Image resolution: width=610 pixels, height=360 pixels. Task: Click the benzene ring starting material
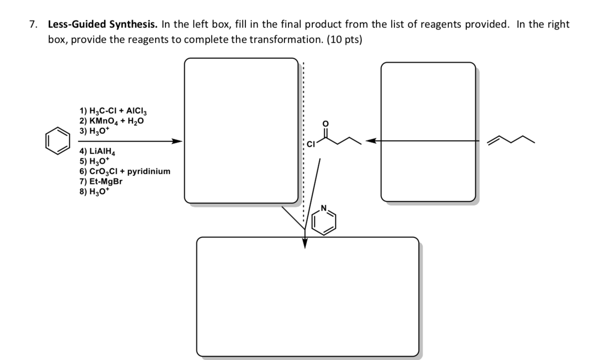pos(57,141)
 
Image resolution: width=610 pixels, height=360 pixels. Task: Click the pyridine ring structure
pos(324,221)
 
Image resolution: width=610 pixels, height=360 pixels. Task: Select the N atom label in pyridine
pos(325,209)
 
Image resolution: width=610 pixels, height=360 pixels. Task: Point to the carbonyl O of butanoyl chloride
pos(326,123)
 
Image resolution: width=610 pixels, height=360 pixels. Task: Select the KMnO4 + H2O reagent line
pos(112,121)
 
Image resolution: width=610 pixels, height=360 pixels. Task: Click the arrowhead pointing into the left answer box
pos(177,141)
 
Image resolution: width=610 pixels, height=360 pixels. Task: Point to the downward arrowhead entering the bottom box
pos(305,243)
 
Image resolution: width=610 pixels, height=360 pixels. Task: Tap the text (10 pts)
pos(344,40)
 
